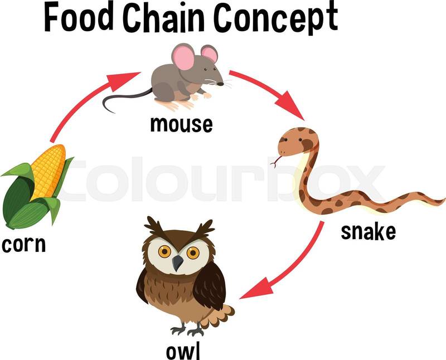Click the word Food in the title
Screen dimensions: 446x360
79,17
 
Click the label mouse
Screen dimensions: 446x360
181,124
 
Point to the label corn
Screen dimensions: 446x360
23,245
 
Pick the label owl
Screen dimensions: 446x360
183,351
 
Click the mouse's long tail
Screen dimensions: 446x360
125,100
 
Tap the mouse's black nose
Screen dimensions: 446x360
220,84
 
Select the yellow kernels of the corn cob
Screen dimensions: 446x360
49,171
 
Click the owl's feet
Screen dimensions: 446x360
187,330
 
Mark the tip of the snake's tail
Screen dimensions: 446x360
445,200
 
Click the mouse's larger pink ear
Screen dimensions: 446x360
184,58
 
